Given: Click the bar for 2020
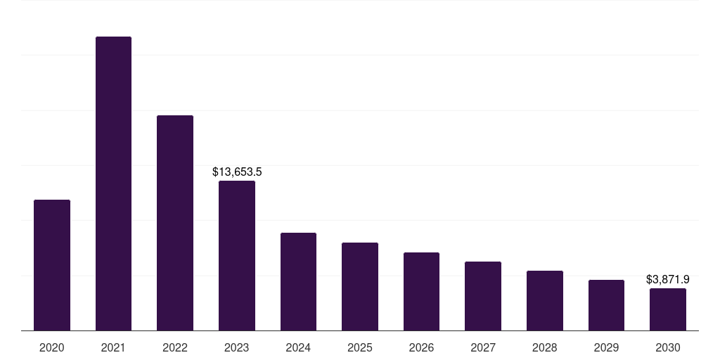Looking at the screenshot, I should [x=52, y=265].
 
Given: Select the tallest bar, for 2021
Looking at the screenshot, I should [x=113, y=184].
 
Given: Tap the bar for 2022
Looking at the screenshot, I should [x=175, y=223].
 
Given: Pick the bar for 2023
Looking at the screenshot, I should [x=237, y=255].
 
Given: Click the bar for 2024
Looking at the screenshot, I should [x=298, y=281].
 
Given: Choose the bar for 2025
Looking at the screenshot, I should [x=360, y=286].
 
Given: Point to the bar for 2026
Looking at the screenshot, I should [x=421, y=291].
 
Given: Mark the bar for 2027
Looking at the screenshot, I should [x=483, y=296].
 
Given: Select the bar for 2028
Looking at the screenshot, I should [x=545, y=300].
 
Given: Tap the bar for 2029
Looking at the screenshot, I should [x=606, y=305].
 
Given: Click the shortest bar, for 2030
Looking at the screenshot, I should [x=668, y=309].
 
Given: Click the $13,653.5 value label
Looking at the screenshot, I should [x=237, y=172].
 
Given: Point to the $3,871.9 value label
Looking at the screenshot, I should [x=668, y=279].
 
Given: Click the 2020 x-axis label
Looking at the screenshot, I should [x=52, y=347].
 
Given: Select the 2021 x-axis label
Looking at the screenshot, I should [x=113, y=347].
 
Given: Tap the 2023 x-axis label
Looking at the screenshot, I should [x=237, y=347].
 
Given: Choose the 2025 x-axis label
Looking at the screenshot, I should [x=360, y=347].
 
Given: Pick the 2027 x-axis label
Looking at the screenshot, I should [x=483, y=347].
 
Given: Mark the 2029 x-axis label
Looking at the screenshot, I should [x=606, y=347].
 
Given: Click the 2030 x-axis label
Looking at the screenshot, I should [x=668, y=347].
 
